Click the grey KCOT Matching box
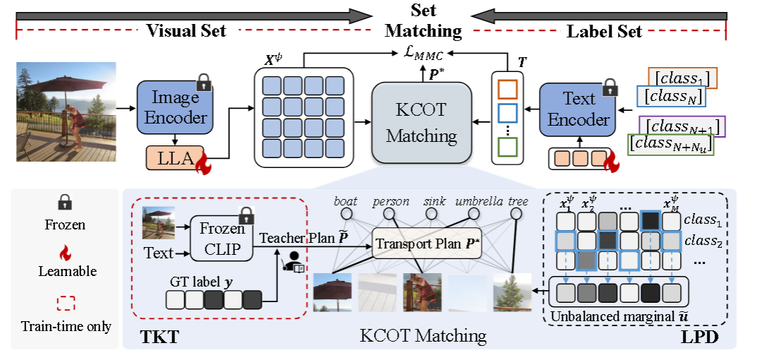point(421,123)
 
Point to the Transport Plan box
point(426,244)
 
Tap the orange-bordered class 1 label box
point(682,78)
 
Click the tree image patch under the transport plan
point(511,292)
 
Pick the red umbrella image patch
point(332,292)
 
